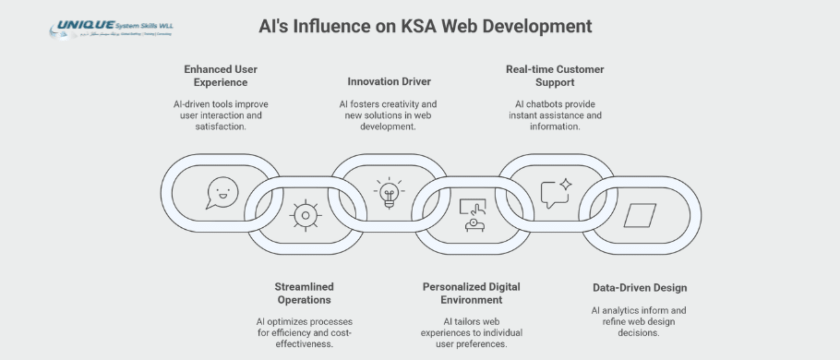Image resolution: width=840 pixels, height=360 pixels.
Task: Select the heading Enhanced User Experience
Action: click(x=222, y=77)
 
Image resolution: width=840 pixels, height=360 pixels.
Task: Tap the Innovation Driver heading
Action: click(x=390, y=81)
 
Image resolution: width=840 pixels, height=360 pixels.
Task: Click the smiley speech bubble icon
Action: click(x=220, y=192)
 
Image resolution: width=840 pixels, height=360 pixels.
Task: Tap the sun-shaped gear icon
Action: click(x=305, y=215)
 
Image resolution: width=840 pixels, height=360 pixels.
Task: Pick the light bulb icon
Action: click(x=389, y=192)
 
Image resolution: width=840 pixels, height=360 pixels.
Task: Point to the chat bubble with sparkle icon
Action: click(x=557, y=192)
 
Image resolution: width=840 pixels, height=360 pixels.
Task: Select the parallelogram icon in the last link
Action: click(x=639, y=215)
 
